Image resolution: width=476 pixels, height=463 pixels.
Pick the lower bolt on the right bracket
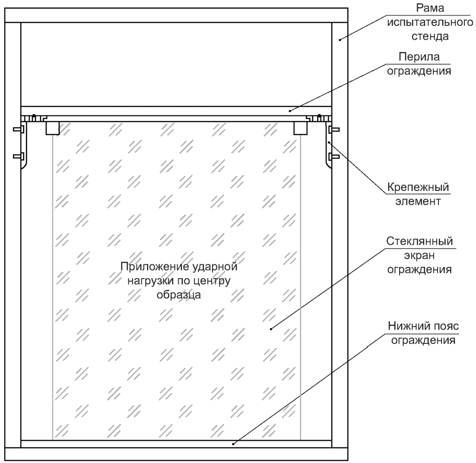coord(334,156)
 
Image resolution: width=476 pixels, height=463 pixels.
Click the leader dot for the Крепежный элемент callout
coord(328,141)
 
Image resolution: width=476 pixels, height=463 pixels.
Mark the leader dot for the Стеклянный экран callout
coord(271,329)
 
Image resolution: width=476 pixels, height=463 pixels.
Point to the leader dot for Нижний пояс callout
coord(234,443)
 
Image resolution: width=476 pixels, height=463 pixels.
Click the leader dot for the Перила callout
coord(290,111)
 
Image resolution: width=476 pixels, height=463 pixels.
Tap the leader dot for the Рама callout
coord(340,40)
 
